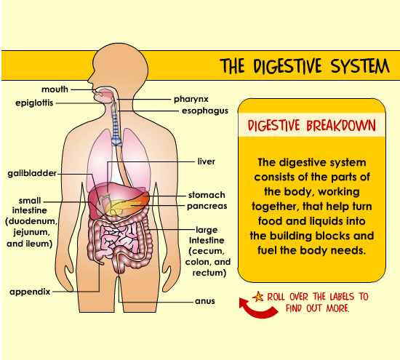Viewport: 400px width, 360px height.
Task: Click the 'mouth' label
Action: point(55,89)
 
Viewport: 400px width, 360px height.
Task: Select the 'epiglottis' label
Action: point(34,103)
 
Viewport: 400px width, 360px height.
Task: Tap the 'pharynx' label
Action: point(191,99)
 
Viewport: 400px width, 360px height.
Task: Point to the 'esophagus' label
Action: point(205,111)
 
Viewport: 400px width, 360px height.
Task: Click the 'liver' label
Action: point(206,161)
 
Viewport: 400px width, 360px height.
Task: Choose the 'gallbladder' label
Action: point(32,173)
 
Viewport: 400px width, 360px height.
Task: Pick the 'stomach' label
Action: point(207,195)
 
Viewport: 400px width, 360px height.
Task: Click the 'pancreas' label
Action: point(207,206)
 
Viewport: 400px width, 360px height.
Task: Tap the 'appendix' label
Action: point(30,292)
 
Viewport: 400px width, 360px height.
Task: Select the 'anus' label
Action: point(205,301)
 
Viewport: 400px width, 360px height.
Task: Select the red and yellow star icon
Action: point(258,297)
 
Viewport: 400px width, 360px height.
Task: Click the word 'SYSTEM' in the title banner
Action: point(360,66)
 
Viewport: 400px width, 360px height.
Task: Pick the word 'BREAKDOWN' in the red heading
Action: point(341,126)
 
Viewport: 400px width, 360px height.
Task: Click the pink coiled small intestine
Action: point(118,239)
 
